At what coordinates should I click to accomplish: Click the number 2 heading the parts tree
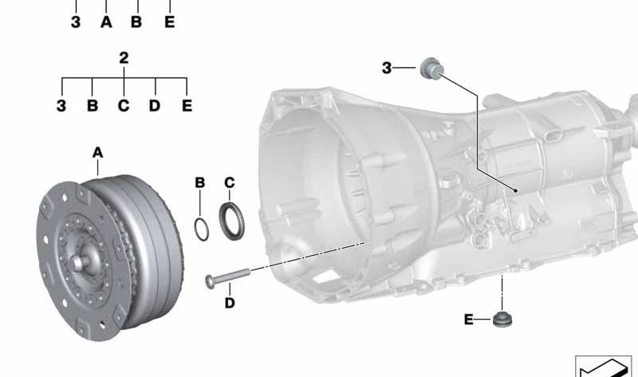(124, 58)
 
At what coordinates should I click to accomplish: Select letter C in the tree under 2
(124, 106)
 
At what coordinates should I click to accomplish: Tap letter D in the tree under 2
(155, 106)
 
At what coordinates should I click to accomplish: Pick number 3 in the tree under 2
(61, 106)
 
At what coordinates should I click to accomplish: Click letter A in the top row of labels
(106, 22)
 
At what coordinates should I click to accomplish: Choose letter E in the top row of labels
(170, 22)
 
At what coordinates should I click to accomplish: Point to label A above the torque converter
(97, 152)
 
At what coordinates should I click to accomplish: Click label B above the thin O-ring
(200, 183)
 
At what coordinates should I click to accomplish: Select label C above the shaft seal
(230, 183)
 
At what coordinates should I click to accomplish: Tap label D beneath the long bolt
(230, 303)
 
